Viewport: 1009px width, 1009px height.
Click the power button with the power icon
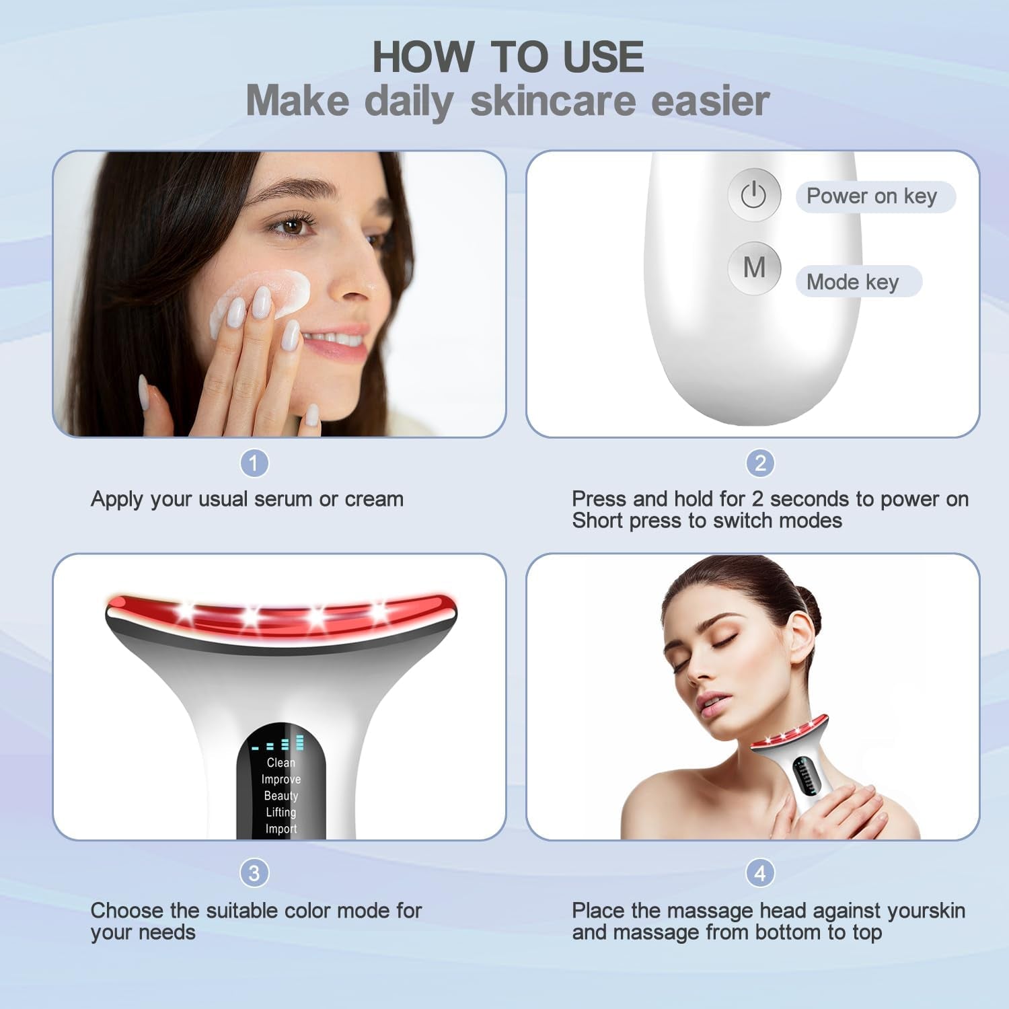point(753,195)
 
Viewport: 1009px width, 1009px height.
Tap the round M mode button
point(754,268)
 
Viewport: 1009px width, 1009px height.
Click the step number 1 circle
point(254,463)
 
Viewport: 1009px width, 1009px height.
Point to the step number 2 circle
point(760,463)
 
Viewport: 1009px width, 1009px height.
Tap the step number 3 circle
point(254,873)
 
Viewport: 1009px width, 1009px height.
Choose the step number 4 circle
point(760,873)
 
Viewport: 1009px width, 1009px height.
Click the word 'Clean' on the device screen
point(281,763)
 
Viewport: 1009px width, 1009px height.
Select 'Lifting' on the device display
point(281,813)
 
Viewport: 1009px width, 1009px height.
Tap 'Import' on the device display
point(281,829)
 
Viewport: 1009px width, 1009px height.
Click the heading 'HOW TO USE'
point(508,57)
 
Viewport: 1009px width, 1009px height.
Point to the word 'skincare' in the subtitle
point(552,101)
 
